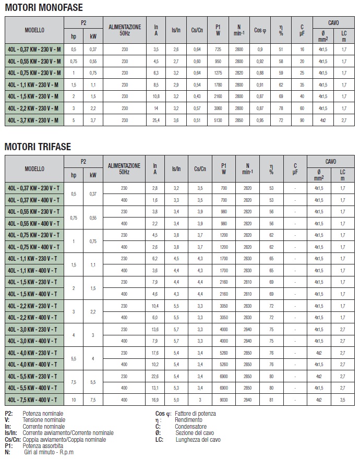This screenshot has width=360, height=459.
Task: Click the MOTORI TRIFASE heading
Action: click(x=38, y=147)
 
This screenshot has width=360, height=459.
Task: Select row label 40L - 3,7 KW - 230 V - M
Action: click(x=34, y=120)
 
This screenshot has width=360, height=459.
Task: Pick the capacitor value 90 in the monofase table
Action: click(x=302, y=120)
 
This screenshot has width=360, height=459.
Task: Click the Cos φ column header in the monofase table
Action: click(x=260, y=31)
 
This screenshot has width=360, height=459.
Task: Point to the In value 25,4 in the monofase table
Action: click(x=155, y=120)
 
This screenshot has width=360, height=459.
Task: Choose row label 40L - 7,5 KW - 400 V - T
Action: click(x=34, y=400)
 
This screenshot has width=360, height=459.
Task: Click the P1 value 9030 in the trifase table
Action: click(x=224, y=400)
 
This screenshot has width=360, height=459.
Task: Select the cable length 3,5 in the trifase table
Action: click(x=343, y=400)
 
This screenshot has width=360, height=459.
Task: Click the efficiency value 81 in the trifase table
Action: click(x=271, y=400)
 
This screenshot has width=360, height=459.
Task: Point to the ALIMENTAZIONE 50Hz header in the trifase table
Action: click(x=124, y=168)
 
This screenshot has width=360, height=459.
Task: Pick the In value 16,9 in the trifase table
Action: click(x=154, y=400)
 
